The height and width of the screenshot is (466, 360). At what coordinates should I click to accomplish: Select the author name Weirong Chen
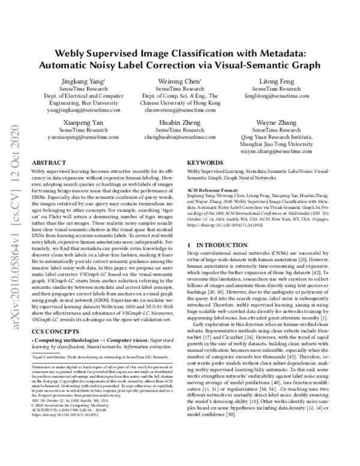pyautogui.click(x=179, y=80)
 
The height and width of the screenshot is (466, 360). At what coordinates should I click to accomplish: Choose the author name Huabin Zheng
pyautogui.click(x=179, y=122)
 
